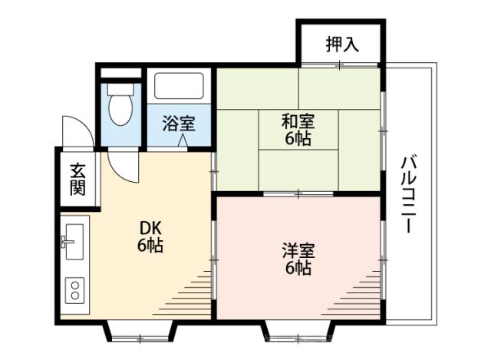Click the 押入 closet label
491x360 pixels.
pos(342,45)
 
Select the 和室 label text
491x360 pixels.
pos(296,121)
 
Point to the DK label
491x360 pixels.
pos(150,228)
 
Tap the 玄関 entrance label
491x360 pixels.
pos(77,179)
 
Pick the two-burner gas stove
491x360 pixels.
pos(76,289)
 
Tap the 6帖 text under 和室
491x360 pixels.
pos(296,139)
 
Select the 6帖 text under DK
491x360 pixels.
pos(150,246)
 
